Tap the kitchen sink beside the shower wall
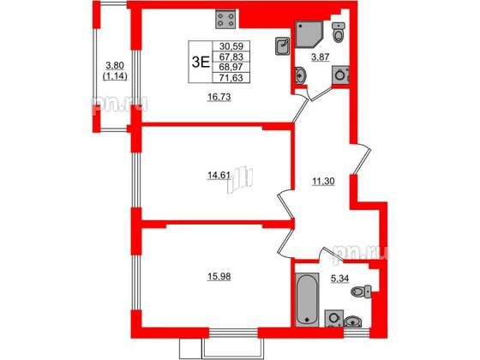[282, 45]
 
